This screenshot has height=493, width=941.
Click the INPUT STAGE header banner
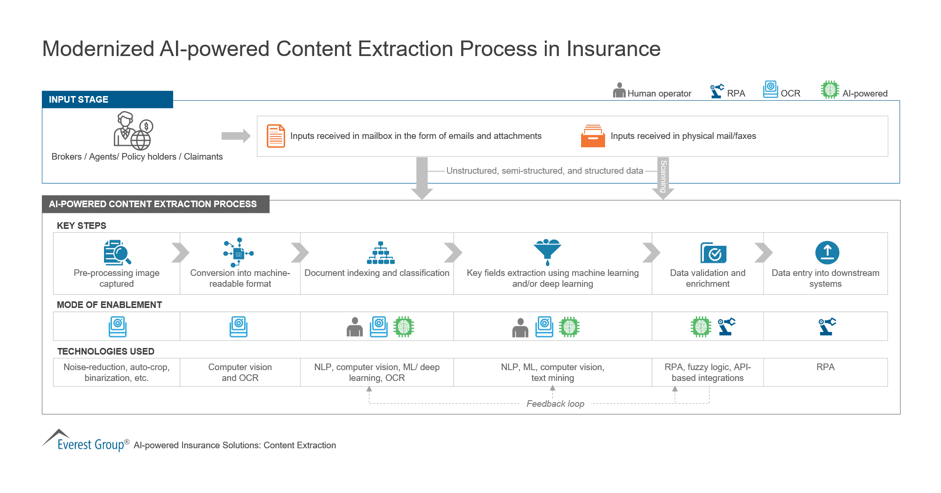[107, 99]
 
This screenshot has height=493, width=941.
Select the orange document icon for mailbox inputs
[276, 136]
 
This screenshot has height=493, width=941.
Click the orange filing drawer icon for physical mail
[593, 136]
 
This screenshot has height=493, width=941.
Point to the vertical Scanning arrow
[663, 178]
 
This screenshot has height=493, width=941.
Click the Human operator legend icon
[619, 90]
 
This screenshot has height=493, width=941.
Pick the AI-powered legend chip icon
[830, 89]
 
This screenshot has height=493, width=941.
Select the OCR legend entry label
[790, 93]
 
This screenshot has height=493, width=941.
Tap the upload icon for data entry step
[827, 253]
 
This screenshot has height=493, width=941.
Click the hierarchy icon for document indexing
[381, 253]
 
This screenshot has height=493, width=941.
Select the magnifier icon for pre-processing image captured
[117, 252]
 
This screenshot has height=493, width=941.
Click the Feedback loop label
[555, 404]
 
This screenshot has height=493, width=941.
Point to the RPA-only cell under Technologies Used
[825, 372]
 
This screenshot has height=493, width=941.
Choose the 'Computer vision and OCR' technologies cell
[240, 372]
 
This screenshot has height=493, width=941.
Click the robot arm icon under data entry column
[827, 326]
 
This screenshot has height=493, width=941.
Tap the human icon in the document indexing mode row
[355, 327]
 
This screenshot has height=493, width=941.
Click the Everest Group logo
[85, 441]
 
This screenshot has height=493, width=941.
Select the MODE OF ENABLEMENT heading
[109, 305]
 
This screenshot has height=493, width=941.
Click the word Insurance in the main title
[613, 49]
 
